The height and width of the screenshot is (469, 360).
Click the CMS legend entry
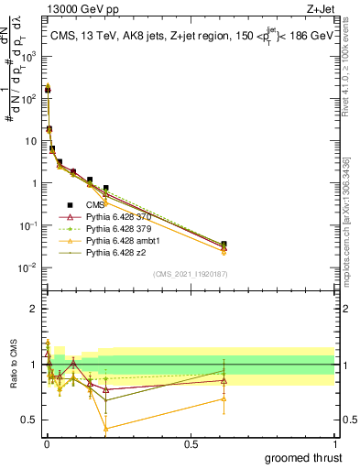94,205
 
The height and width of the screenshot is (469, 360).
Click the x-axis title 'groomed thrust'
302,457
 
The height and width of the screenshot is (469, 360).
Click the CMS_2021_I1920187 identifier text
190,273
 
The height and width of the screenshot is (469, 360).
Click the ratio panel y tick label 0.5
30,420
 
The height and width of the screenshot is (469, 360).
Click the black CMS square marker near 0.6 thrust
224,245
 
